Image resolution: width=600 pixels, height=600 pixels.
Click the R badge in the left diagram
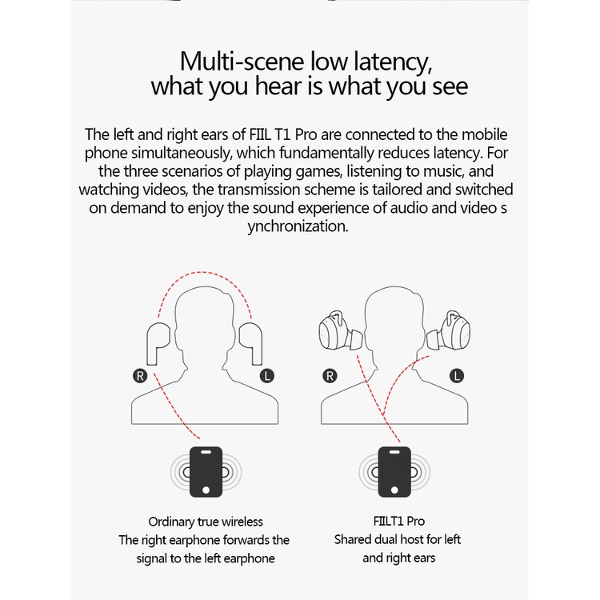pos(140,376)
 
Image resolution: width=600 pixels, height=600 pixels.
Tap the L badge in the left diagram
pos(266,376)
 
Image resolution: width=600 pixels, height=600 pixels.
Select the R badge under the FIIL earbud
pos(330,376)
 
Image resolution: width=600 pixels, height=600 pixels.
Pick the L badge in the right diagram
pos(456,376)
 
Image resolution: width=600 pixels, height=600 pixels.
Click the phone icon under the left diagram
pos(206,472)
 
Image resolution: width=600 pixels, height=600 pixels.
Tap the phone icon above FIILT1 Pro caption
pos(394,472)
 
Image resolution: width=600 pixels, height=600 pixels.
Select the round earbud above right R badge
pos(341,330)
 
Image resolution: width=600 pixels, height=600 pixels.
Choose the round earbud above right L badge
pos(449,330)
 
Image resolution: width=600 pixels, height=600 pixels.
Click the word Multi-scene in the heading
pos(242,62)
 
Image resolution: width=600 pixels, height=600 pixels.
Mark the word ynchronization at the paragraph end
pos(298,226)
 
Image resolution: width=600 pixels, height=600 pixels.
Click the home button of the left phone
pos(206,490)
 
